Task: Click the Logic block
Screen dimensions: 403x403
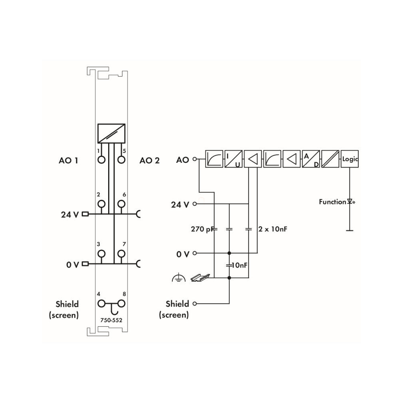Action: [350, 159]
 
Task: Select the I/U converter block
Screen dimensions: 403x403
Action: [233, 159]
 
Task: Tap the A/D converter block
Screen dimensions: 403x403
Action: [311, 159]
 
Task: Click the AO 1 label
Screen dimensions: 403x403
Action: [68, 161]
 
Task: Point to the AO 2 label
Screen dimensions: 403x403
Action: [149, 161]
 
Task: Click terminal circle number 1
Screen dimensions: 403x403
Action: [101, 160]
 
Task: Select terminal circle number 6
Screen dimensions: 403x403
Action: [121, 204]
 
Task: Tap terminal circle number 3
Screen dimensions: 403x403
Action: [101, 254]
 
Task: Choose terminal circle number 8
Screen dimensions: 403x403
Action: [121, 304]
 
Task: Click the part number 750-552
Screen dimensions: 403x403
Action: [111, 320]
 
